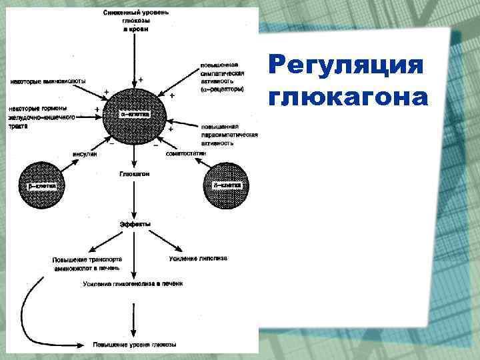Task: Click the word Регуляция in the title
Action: point(346,67)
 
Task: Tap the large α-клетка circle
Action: point(134,114)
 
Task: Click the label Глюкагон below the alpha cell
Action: point(134,173)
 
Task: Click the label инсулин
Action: point(85,154)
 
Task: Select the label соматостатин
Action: point(186,153)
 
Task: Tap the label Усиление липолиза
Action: point(195,258)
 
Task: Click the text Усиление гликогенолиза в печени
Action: point(133,284)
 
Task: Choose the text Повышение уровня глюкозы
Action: point(134,345)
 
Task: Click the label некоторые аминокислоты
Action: point(47,81)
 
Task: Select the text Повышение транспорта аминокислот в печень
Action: point(87,263)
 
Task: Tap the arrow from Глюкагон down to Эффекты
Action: point(134,198)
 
